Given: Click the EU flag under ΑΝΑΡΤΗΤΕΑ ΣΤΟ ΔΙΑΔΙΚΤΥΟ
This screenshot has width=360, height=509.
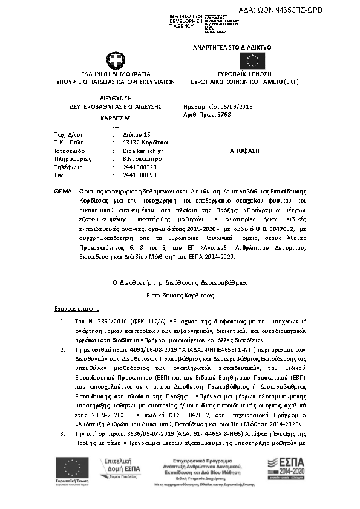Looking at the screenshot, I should pos(252,61).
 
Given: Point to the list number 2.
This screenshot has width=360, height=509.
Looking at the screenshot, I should pos(64,349).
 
